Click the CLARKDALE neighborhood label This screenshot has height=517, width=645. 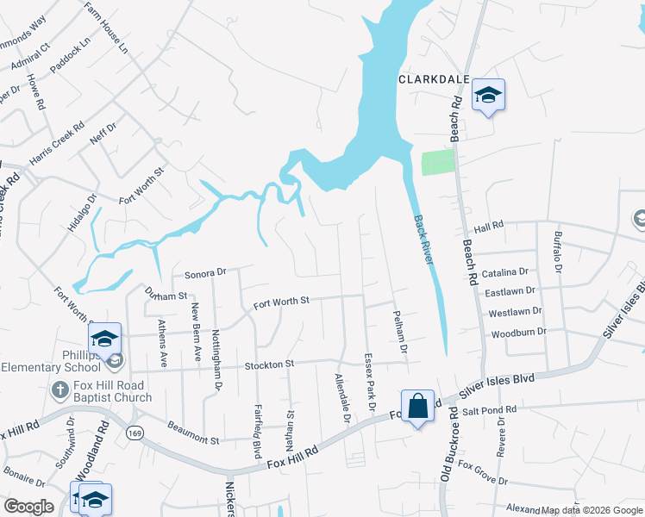click(x=433, y=78)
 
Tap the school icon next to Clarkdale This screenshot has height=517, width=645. click(x=488, y=96)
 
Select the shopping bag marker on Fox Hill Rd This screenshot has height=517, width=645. click(x=417, y=407)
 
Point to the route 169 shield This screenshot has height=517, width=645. click(x=134, y=432)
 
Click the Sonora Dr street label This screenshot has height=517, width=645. click(x=204, y=273)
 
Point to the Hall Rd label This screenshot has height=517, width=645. click(x=488, y=227)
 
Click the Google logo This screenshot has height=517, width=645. click(x=28, y=507)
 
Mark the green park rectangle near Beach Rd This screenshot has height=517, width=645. click(x=437, y=163)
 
